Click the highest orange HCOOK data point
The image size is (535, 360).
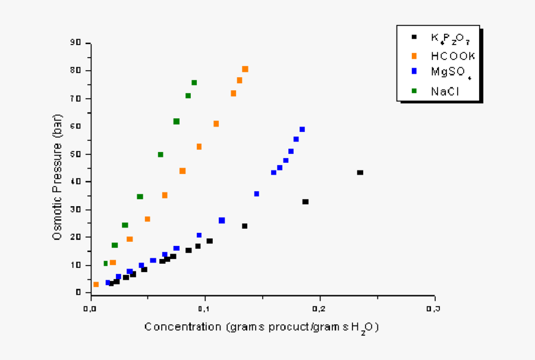coord(245,69)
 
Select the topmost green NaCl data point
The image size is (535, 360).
coord(194,83)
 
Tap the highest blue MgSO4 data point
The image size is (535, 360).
coord(302,129)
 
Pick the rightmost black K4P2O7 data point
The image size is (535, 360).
coord(360,172)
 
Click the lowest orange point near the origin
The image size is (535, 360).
coord(96,285)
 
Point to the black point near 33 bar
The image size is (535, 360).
coord(306,202)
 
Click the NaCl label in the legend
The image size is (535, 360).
coord(445,91)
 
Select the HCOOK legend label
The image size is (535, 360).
coord(453,56)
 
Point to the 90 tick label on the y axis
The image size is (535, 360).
coord(75,43)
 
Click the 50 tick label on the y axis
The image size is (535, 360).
coord(75,154)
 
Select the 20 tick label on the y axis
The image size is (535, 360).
coord(75,237)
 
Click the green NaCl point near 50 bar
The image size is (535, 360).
coord(160,154)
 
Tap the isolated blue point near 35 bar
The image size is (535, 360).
coord(257,194)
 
